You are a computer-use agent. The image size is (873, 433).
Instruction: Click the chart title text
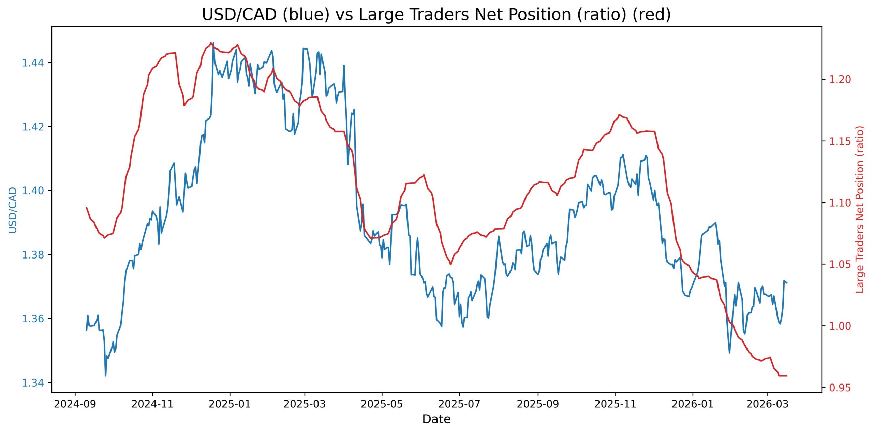click(436, 15)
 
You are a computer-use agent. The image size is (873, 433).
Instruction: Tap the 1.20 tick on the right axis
click(838, 79)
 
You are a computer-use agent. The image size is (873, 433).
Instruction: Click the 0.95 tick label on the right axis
click(838, 388)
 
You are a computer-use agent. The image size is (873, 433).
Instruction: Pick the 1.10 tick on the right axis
click(838, 203)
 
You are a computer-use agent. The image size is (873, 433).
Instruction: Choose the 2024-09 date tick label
click(75, 404)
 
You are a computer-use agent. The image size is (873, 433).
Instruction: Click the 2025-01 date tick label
click(230, 404)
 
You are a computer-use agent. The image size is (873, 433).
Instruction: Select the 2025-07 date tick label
click(459, 404)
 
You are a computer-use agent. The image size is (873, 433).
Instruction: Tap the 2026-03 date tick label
click(767, 404)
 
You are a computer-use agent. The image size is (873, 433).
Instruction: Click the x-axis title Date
click(436, 419)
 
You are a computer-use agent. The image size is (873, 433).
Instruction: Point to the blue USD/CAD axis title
click(13, 210)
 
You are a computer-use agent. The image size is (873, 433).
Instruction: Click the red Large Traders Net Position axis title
click(860, 209)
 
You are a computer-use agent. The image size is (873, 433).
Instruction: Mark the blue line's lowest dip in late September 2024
click(105, 376)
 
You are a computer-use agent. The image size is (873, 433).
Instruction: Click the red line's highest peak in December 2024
click(211, 43)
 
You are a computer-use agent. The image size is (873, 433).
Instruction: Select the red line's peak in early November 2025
click(619, 115)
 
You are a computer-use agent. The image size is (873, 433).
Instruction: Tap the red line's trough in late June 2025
click(450, 264)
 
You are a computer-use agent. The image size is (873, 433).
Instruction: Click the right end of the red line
click(787, 376)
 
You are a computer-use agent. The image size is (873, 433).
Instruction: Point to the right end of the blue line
click(787, 283)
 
